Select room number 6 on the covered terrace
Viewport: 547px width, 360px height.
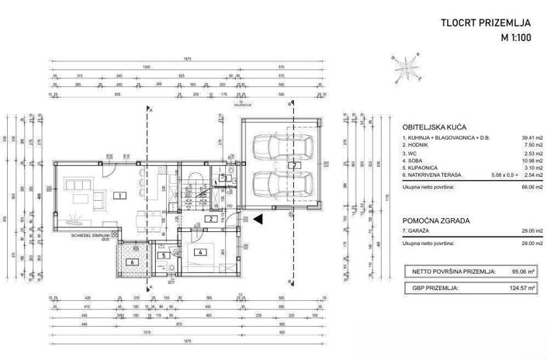point(131,261)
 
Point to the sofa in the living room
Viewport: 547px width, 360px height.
point(78,186)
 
